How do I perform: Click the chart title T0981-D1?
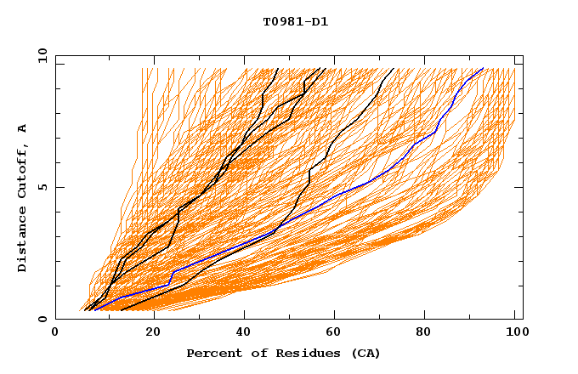(295, 21)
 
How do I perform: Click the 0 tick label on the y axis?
(42, 319)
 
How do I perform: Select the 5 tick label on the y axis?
(42, 187)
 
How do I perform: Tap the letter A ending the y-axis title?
(23, 128)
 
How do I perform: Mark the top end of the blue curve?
(483, 69)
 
